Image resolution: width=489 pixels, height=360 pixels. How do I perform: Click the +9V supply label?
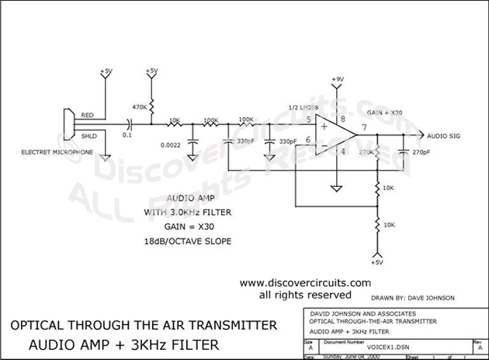click(337, 80)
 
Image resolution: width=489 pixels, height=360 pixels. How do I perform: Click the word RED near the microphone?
click(88, 116)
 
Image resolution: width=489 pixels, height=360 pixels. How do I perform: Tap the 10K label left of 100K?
click(175, 120)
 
